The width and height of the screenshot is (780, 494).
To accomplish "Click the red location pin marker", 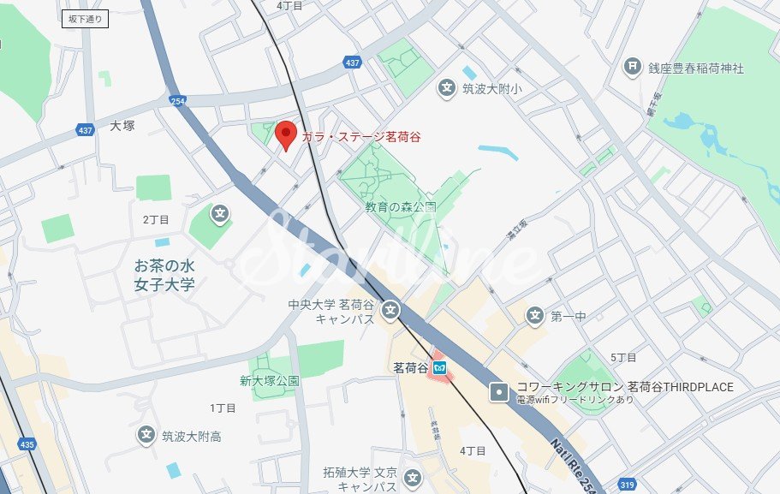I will point(285,134).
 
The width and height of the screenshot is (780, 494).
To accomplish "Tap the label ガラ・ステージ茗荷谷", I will point(360,137).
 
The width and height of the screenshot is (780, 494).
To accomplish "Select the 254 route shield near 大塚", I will point(178,100).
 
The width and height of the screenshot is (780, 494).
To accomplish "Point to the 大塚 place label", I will point(122,126).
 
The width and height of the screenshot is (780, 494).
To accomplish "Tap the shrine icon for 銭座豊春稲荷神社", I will point(633,67).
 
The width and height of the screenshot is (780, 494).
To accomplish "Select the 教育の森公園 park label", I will point(401,207).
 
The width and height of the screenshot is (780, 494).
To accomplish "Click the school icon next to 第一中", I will point(535,316).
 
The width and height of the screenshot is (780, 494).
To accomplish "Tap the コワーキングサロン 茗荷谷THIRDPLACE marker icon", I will point(498,393).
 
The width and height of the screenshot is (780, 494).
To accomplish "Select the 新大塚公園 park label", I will point(269,381).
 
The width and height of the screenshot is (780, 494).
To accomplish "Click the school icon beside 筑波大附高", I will point(146,436).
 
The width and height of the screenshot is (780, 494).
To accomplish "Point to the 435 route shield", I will point(27,444).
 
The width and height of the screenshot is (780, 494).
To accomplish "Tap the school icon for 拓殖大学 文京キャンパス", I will point(413,478).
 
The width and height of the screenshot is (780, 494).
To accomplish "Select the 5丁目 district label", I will point(623,357).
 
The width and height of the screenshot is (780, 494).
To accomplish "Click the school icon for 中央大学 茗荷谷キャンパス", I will point(391,309).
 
